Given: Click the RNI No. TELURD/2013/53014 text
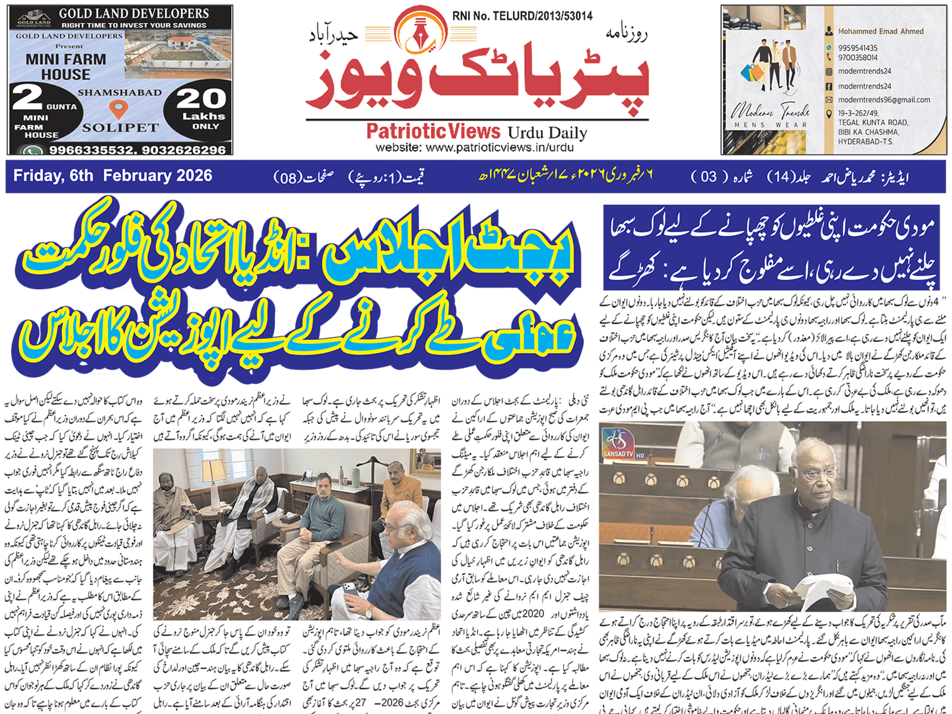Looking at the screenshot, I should point(522,16).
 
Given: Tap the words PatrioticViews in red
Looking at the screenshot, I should point(433,132).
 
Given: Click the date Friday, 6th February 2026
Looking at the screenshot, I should point(112,175).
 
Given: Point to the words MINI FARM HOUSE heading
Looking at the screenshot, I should point(66,67).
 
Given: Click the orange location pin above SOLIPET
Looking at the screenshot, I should point(118,108).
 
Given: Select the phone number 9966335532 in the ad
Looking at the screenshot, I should point(92,150).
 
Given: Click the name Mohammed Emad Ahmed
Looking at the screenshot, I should point(880,31).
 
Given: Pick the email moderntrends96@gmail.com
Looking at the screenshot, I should point(884,100).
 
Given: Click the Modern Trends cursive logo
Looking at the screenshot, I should point(770,110).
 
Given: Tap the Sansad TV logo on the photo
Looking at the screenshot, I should point(618,443).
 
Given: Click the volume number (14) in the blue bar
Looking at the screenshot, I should point(781,176).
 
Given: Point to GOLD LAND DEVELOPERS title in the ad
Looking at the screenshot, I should point(133,13).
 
